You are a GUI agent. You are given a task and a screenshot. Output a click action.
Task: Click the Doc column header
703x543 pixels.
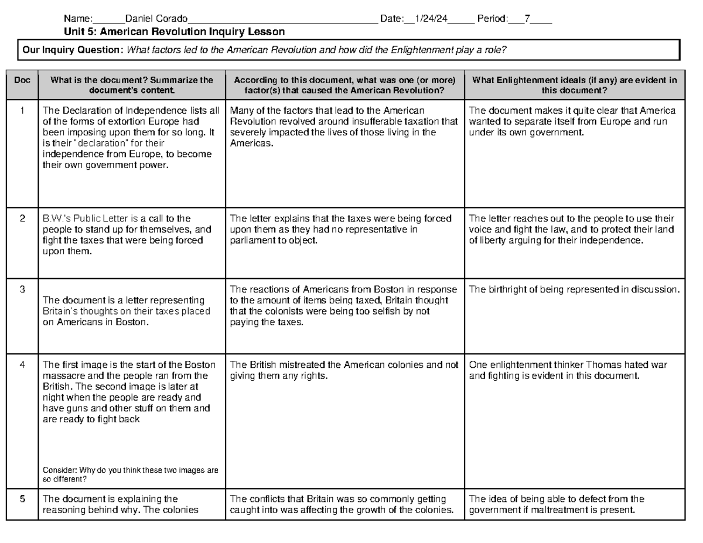(22, 80)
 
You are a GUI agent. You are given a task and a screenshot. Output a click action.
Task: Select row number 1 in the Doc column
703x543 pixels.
(22, 111)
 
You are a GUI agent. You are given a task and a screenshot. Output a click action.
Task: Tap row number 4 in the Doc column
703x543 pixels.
(22, 365)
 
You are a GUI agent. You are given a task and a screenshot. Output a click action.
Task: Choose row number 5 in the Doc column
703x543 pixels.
(22, 500)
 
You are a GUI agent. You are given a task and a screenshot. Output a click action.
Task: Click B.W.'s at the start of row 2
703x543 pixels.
(55, 219)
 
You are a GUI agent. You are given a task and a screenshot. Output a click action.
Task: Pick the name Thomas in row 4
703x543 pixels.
(593, 365)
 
